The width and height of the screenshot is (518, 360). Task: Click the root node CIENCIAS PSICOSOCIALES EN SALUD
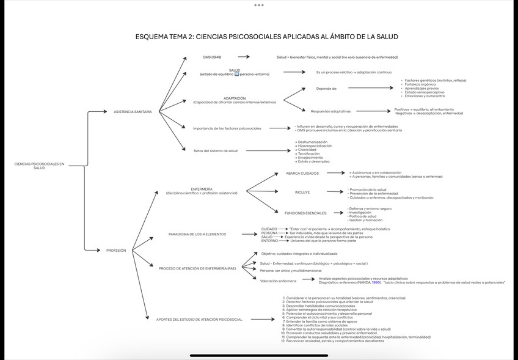[39, 166]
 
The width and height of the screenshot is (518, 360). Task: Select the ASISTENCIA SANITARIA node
[133, 111]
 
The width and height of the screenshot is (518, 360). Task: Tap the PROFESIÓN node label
[116, 251]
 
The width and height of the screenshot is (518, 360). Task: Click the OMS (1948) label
[212, 57]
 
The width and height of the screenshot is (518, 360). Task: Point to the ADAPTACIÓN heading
[235, 98]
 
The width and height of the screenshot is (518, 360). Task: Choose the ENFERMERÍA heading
[202, 189]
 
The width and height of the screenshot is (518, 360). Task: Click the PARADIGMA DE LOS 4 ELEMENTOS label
[197, 234]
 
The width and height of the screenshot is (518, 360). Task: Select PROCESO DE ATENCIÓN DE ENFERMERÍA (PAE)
[197, 268]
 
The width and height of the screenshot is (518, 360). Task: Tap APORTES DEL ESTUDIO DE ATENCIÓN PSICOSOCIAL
[199, 319]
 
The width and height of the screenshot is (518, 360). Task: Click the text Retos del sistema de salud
[216, 150]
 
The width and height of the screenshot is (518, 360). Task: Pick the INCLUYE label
[302, 193]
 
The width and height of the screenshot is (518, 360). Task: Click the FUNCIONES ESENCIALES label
[305, 213]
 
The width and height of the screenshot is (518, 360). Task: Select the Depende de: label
[327, 88]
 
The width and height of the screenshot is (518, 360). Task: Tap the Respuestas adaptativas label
[330, 111]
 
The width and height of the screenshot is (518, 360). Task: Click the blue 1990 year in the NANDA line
[376, 282]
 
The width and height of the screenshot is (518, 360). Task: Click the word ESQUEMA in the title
[156, 37]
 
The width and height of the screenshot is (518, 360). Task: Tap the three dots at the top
[259, 5]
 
